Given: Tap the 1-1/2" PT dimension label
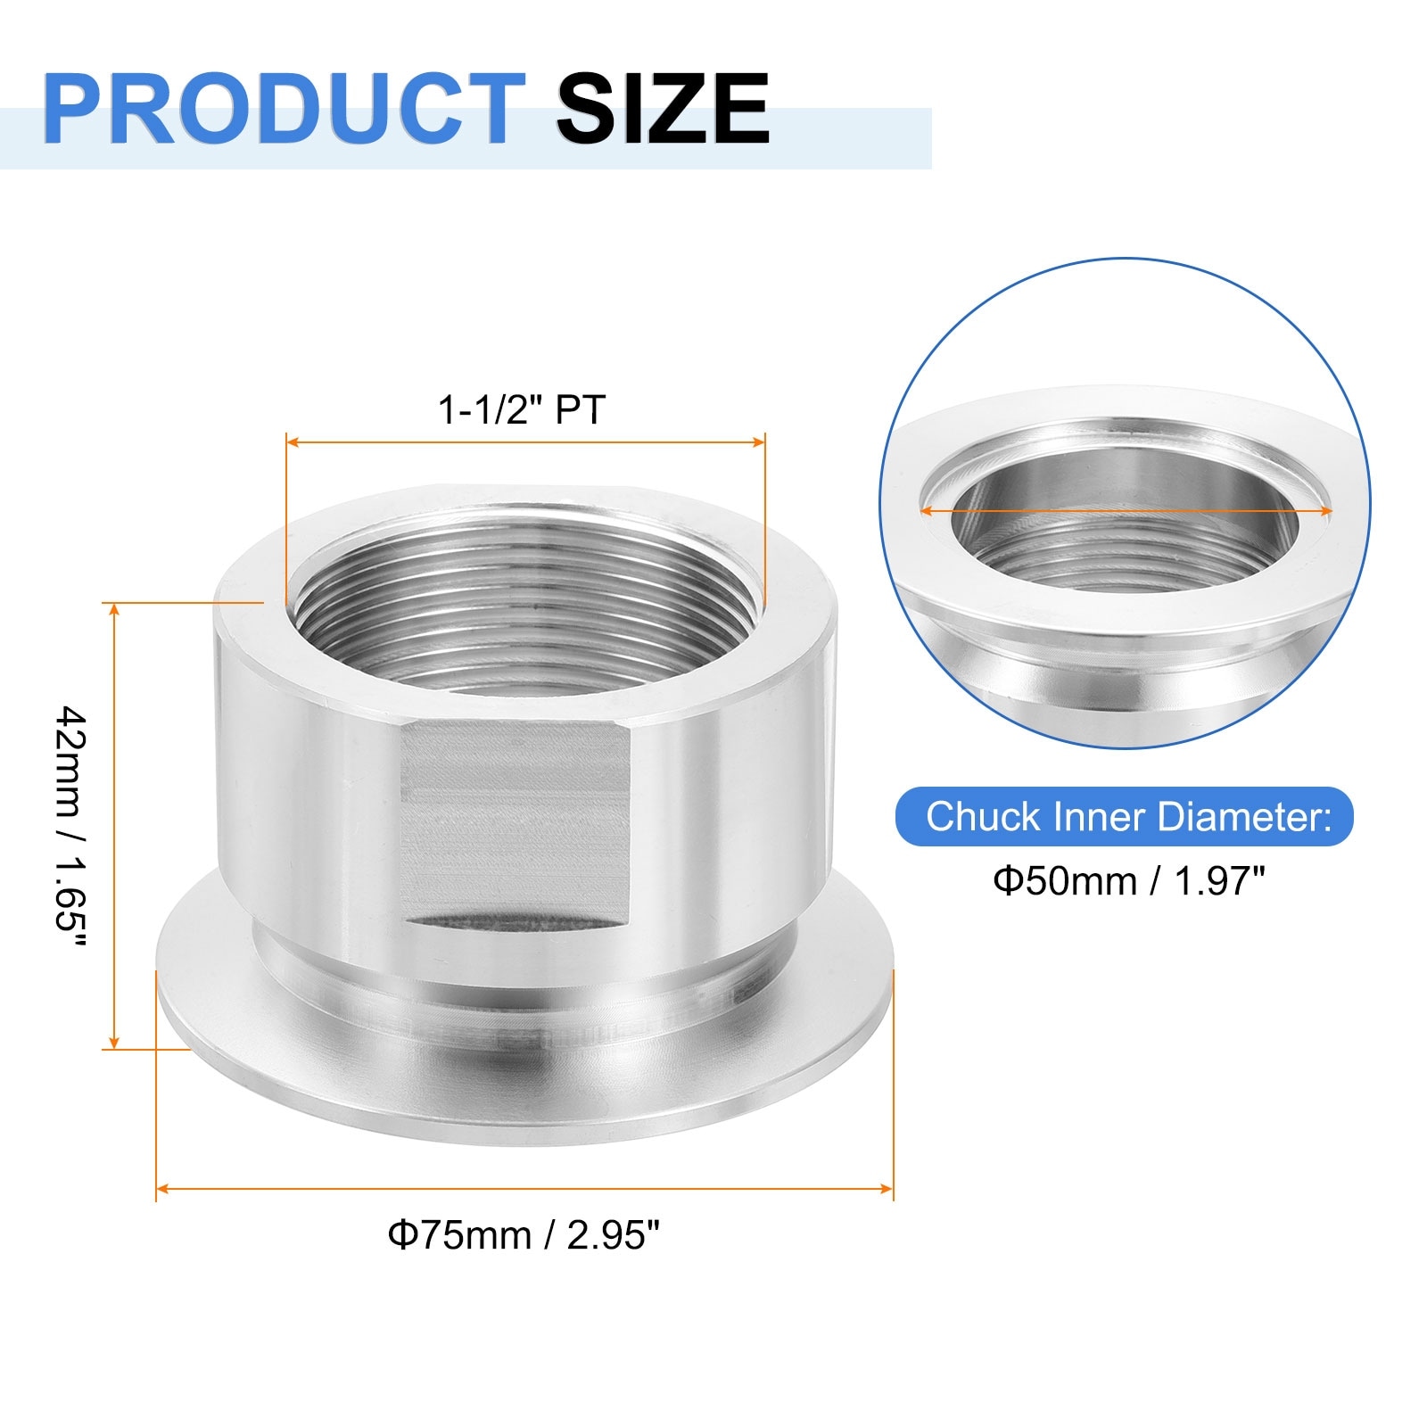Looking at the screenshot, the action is (521, 410).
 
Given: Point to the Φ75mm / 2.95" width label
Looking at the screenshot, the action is (524, 1235).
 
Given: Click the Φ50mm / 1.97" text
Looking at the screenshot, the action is (1129, 881).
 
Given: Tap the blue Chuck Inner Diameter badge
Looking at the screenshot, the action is (1125, 816).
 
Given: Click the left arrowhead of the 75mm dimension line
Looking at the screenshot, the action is (162, 1189).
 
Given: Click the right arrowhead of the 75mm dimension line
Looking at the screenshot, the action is (887, 1189).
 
